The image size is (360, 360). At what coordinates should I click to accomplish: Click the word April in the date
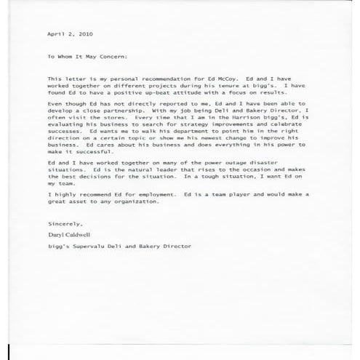pos(55,33)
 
